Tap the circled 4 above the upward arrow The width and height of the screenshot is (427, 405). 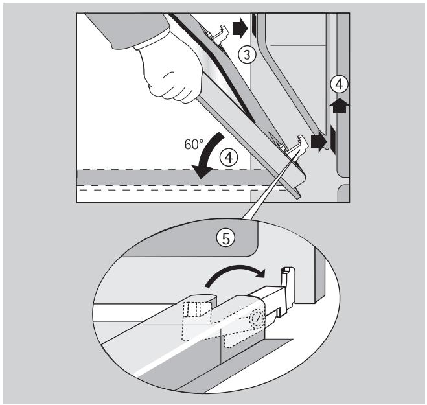(336, 84)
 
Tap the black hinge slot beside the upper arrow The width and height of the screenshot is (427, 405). (254, 25)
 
